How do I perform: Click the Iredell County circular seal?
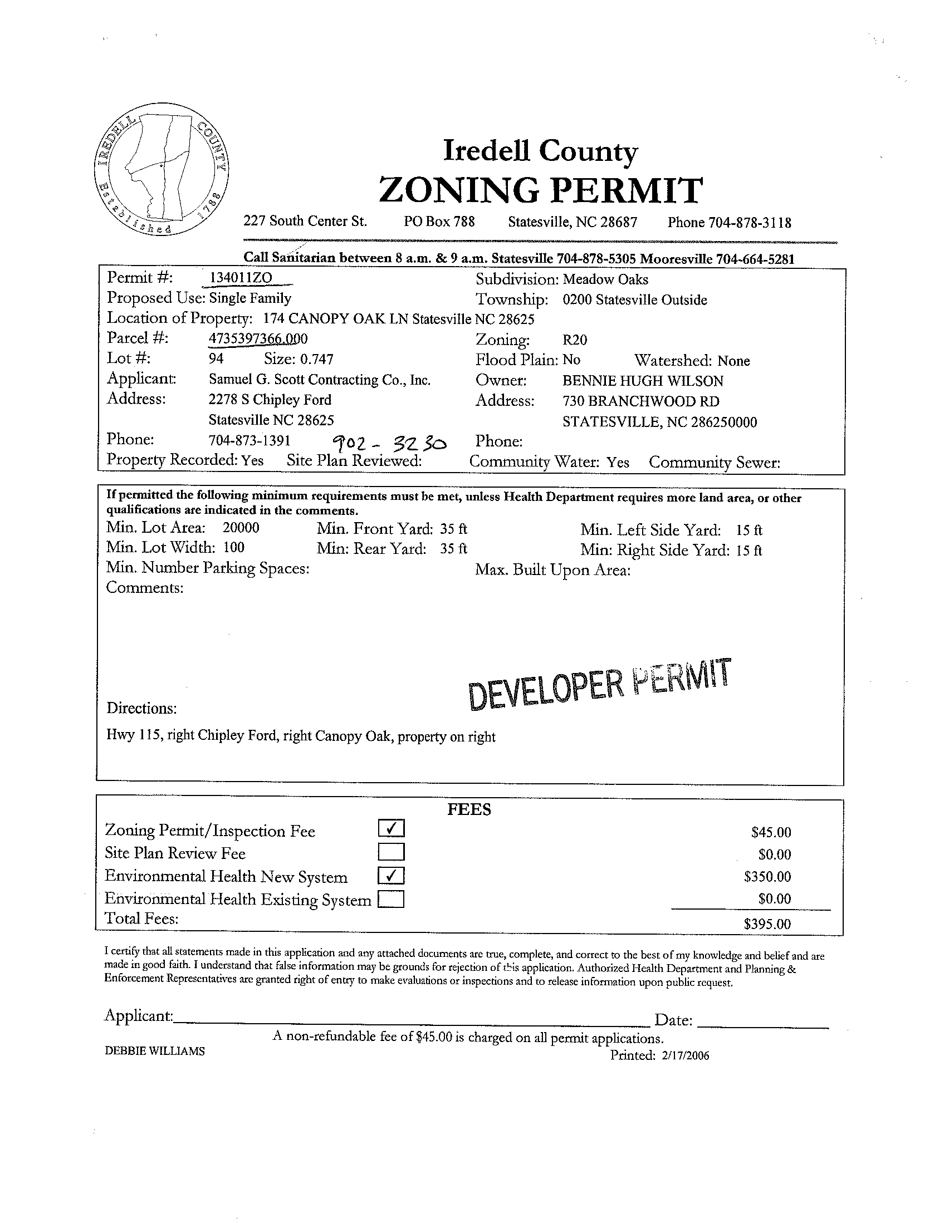(161, 171)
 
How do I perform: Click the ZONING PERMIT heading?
(540, 190)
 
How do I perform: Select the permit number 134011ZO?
(241, 278)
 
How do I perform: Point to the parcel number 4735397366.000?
(258, 339)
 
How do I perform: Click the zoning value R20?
(575, 340)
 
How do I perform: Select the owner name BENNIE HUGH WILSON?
(643, 381)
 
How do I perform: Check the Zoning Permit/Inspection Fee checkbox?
(391, 828)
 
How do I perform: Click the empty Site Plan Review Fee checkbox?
(391, 852)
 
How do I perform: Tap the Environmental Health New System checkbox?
(391, 875)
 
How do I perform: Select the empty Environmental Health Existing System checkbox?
(391, 900)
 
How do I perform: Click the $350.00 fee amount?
(767, 876)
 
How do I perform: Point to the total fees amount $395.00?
(767, 924)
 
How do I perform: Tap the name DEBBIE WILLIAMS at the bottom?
(155, 1052)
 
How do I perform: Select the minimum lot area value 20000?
(241, 528)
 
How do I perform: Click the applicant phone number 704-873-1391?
(250, 441)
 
